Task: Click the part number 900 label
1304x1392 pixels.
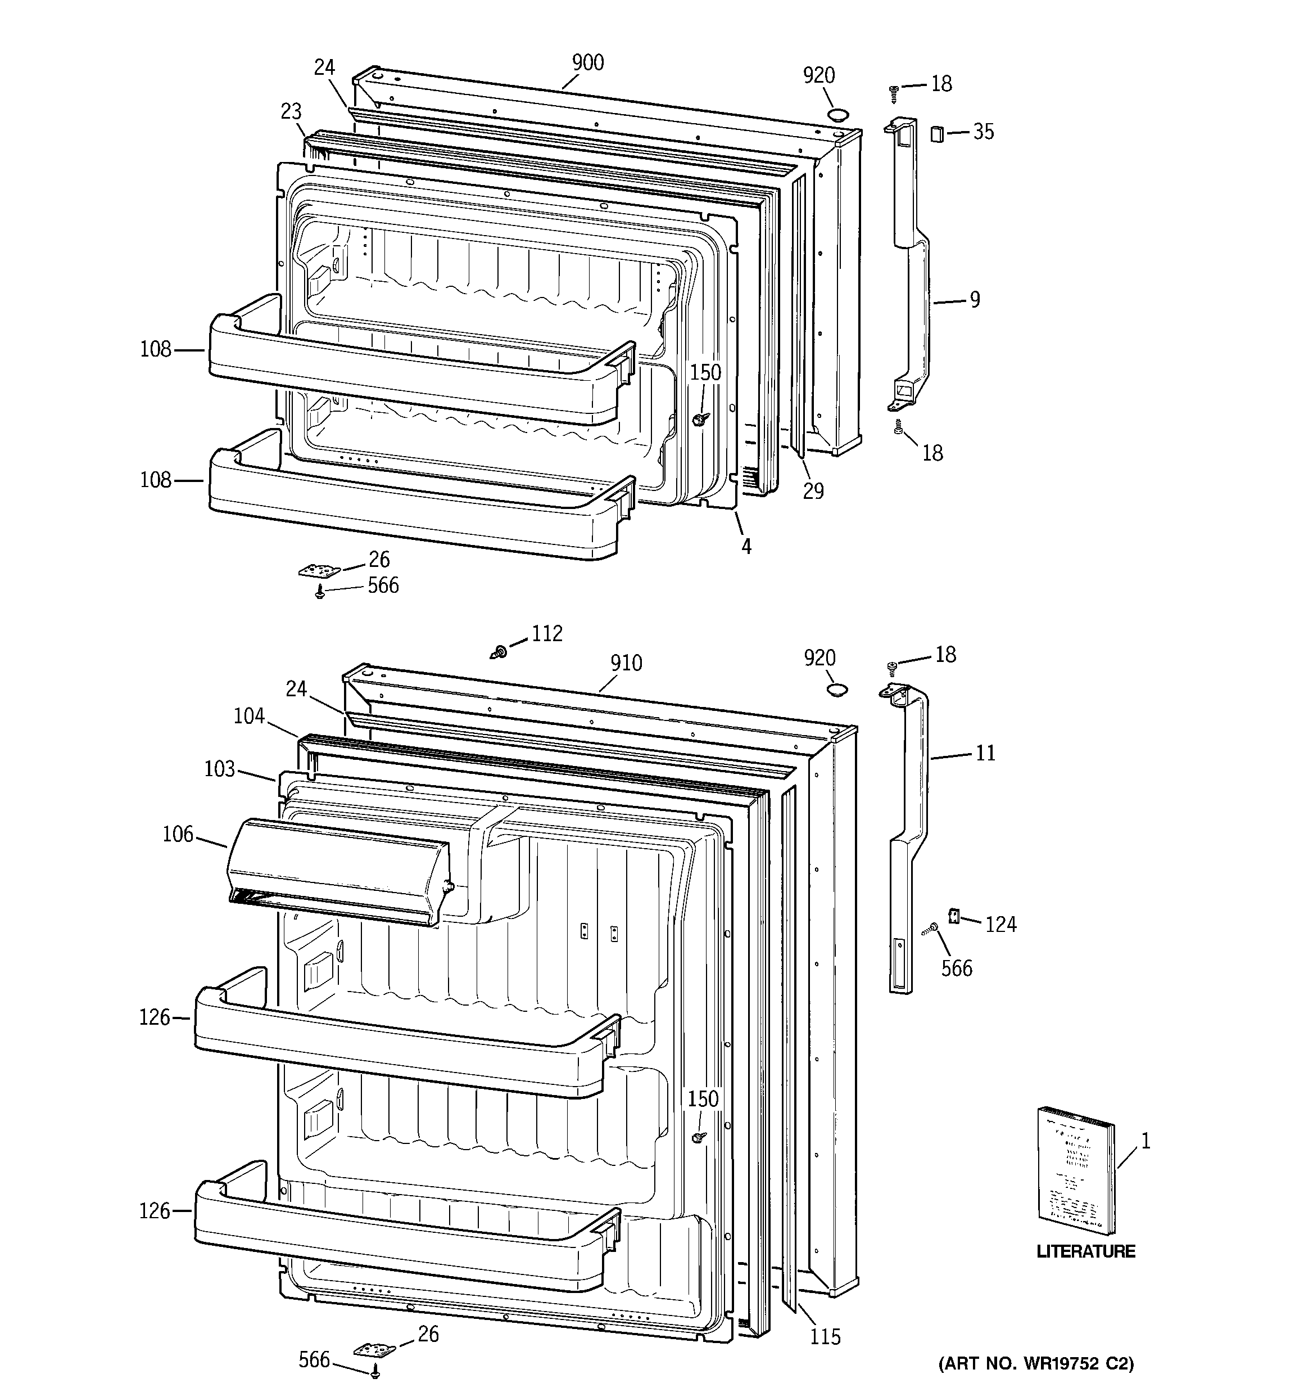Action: tap(587, 63)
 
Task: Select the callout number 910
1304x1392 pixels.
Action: tap(626, 663)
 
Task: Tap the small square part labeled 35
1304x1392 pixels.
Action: tap(936, 133)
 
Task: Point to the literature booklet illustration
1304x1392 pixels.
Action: tap(1075, 1181)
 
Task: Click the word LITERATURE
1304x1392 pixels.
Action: tap(1085, 1251)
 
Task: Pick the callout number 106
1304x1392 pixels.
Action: tap(177, 835)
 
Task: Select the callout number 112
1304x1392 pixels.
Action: tap(547, 634)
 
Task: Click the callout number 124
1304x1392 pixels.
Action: tap(1000, 925)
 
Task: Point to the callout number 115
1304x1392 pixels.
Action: tap(825, 1337)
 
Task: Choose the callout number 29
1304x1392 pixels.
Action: tap(813, 492)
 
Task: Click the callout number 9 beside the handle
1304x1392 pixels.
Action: tap(974, 300)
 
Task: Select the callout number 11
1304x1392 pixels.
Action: tap(985, 754)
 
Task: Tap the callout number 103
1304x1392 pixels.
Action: tap(219, 769)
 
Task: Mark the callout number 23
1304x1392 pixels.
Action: tap(291, 111)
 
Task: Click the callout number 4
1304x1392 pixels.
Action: tap(746, 547)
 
